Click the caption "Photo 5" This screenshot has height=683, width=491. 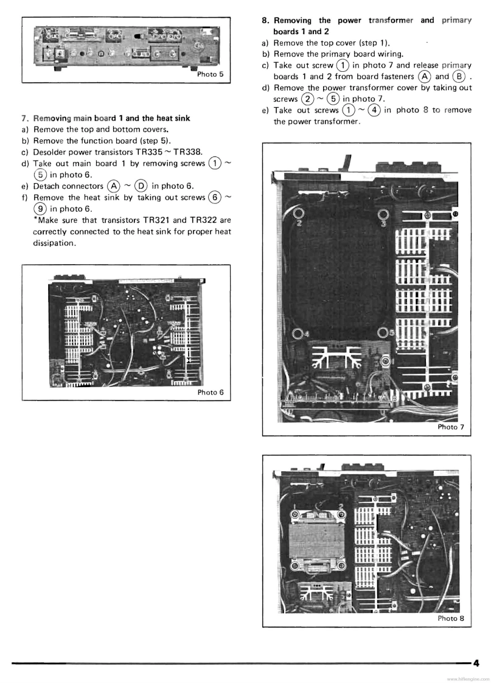point(211,75)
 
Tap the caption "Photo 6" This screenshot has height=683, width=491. point(211,393)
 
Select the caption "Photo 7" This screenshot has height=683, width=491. point(451,427)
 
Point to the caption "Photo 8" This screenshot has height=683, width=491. point(451,618)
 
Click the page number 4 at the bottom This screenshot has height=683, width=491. point(476,663)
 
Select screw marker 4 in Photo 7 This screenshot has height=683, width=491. point(298,333)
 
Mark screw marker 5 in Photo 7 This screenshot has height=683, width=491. point(383,332)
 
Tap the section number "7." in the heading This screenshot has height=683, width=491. point(25,118)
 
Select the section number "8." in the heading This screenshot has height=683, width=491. point(266,20)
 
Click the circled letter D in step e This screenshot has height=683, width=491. point(141,186)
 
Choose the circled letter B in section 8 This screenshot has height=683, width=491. point(459,77)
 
